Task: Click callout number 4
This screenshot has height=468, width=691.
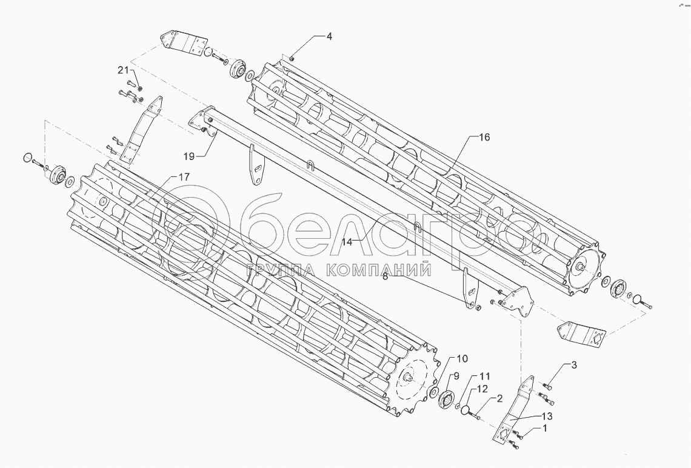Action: pos(329,36)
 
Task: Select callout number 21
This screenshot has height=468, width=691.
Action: pos(124,69)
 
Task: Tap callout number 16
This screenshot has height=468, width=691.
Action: pos(484,137)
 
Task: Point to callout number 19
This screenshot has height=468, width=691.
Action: pos(189,156)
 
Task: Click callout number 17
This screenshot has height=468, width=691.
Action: pos(184,176)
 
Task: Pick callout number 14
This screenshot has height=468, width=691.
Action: pos(347,241)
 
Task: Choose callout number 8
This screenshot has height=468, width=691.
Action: pos(385,276)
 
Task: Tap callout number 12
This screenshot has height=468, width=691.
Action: pos(482,389)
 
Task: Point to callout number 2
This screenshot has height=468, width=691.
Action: pos(499,398)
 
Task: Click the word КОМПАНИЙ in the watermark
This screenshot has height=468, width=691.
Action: pos(379,270)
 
